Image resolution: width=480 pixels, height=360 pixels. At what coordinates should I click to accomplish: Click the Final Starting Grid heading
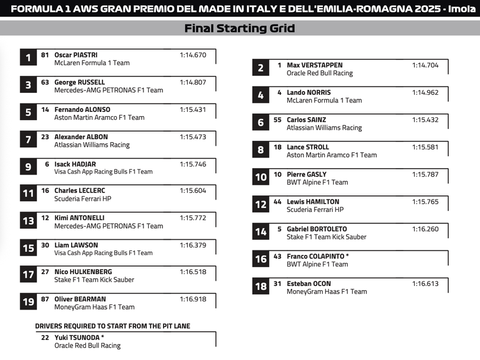pyautogui.click(x=239, y=28)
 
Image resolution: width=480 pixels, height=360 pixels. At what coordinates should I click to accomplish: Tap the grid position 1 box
pyautogui.click(x=28, y=57)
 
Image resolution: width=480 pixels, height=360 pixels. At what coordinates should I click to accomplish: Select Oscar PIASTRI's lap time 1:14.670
pyautogui.click(x=193, y=55)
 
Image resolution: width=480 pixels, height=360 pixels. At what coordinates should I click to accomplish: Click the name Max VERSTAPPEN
pyautogui.click(x=315, y=65)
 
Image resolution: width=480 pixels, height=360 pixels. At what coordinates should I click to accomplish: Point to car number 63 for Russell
pyautogui.click(x=45, y=82)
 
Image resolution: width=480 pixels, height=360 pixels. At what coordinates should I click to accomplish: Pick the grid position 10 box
pyautogui.click(x=261, y=177)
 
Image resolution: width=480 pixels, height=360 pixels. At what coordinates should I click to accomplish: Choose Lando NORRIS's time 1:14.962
pyautogui.click(x=425, y=92)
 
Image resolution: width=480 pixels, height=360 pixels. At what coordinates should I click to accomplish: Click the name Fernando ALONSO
pyautogui.click(x=82, y=110)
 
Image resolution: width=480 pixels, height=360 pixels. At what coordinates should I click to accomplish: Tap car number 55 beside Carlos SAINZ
pyautogui.click(x=277, y=120)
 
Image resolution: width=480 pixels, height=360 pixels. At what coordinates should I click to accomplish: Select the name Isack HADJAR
pyautogui.click(x=75, y=164)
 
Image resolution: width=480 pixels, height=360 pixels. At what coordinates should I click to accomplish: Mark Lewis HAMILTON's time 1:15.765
pyautogui.click(x=425, y=201)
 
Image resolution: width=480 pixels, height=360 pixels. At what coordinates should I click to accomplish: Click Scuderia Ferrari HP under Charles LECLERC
pyautogui.click(x=83, y=199)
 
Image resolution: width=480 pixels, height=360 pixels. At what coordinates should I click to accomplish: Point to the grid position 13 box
pyautogui.click(x=28, y=221)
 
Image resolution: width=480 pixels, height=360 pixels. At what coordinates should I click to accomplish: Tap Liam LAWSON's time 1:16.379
pyautogui.click(x=193, y=245)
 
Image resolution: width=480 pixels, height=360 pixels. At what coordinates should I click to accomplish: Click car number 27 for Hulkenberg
pyautogui.click(x=45, y=272)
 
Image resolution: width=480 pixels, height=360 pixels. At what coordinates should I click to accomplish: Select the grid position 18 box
pyautogui.click(x=261, y=287)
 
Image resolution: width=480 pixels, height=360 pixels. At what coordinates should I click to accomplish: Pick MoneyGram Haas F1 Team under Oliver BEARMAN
pyautogui.click(x=94, y=307)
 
